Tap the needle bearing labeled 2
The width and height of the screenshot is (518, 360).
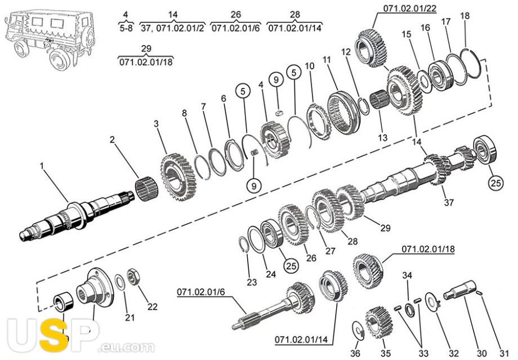point(147,190)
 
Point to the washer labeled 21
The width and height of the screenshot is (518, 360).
point(119,282)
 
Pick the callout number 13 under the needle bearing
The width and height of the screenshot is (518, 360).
point(382,137)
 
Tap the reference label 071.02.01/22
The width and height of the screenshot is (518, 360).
point(410,8)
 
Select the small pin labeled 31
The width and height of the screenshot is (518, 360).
point(480,292)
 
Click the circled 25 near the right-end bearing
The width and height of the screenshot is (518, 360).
point(496,183)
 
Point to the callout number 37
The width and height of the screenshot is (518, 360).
point(449,202)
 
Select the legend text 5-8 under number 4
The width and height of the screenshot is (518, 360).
point(126,28)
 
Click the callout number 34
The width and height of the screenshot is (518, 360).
point(407,275)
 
